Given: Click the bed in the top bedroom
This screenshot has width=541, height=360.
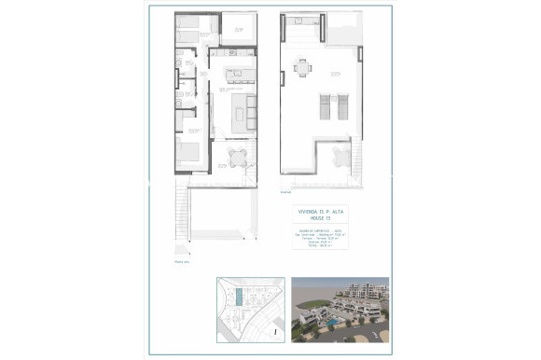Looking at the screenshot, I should point(191,30).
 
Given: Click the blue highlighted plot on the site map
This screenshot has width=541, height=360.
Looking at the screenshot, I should point(242,299).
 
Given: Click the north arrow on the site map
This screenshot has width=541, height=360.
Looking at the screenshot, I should point(275,329).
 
